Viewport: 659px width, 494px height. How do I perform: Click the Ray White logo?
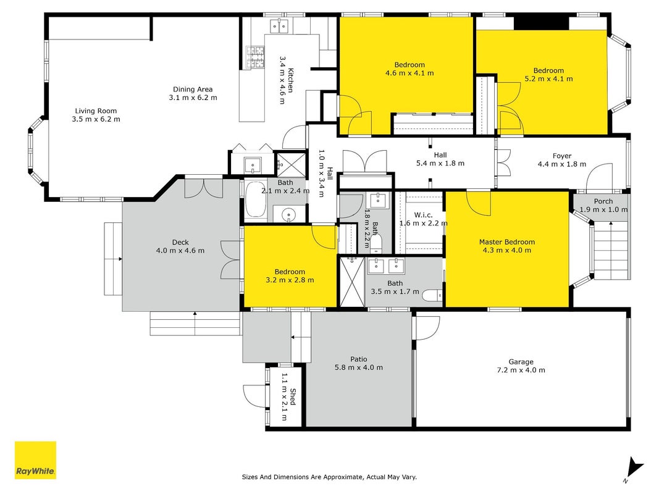35,460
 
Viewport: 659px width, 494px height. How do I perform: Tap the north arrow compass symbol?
633,469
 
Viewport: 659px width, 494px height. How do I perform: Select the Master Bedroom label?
507,242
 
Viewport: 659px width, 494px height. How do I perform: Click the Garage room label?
521,362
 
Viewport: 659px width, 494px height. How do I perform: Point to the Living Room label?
96,111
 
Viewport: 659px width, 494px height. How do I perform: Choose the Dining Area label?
193,89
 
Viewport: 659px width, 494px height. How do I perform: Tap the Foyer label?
562,156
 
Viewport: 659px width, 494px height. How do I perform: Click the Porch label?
603,201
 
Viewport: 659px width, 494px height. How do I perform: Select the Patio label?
358,359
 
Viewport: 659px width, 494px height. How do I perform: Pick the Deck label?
180,243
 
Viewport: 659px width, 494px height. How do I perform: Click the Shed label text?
293,397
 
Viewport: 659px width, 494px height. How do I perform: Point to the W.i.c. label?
423,215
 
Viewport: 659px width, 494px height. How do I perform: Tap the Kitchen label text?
290,80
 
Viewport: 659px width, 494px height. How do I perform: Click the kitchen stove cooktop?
255,57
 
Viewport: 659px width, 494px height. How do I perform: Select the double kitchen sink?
279,26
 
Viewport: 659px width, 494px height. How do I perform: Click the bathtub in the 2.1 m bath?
256,200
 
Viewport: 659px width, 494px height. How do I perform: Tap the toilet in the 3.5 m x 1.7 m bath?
432,295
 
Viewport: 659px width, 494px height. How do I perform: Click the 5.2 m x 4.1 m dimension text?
548,78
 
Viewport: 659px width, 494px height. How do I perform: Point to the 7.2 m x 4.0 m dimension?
521,370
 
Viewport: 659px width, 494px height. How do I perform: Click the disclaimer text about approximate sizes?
329,477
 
